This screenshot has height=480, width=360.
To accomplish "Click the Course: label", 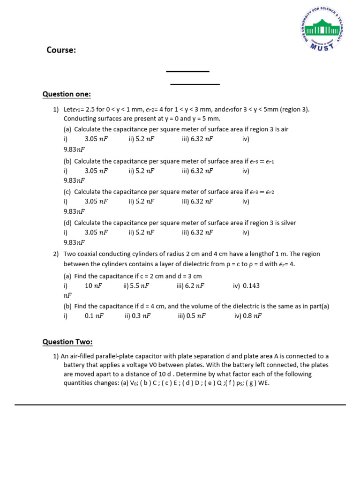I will [x=61, y=50].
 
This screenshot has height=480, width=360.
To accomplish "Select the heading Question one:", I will [x=67, y=94].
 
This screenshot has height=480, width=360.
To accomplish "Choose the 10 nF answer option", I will [x=93, y=285].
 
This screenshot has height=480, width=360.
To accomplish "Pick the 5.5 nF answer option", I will [x=140, y=285].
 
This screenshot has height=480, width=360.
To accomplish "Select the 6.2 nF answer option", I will [x=195, y=285].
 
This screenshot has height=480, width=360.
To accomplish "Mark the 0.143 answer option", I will [x=251, y=285].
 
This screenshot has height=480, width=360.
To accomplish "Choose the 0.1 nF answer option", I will [x=94, y=316].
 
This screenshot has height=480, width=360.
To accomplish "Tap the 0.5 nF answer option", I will [x=196, y=316].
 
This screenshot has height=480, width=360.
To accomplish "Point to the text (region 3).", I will [x=294, y=109].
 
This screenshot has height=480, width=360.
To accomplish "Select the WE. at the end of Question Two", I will [x=263, y=383].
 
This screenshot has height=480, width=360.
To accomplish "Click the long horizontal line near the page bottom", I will [x=180, y=405].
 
